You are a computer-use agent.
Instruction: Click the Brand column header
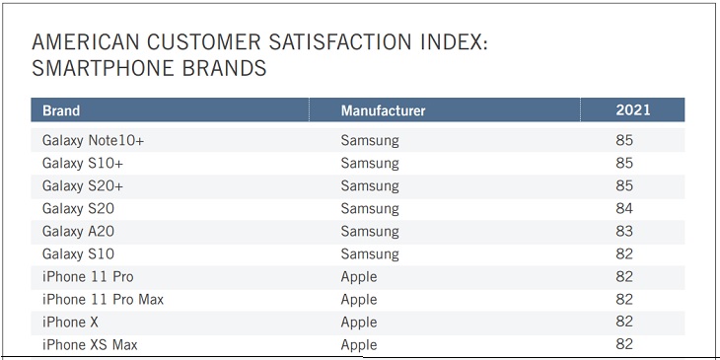61,110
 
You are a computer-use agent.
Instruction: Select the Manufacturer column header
383,110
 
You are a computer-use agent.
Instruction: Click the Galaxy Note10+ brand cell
93,140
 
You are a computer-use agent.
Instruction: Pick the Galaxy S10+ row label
83,163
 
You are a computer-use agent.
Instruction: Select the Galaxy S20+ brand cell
83,185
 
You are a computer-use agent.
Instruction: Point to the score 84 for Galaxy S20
623,208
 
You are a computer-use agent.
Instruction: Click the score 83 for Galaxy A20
623,231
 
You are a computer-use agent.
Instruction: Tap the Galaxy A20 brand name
79,231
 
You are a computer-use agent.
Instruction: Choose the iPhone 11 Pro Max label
103,299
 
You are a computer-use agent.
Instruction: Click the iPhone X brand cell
70,322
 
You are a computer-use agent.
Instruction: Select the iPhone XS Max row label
90,344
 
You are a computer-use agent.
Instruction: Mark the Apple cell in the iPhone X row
359,322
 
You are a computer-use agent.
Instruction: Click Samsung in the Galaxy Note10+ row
370,140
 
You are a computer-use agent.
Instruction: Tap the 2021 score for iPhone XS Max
623,344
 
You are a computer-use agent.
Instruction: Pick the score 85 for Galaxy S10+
623,163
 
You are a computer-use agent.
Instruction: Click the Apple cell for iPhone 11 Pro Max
359,299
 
